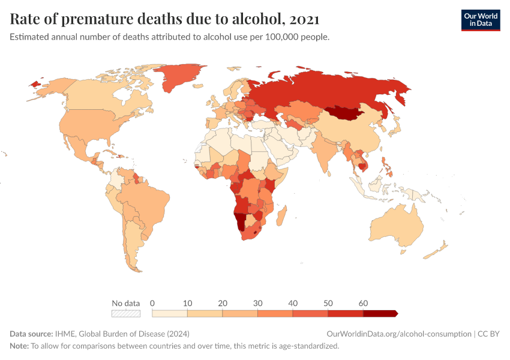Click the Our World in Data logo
(480, 20)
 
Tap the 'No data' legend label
(126, 303)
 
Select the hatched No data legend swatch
(126, 313)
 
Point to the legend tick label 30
(257, 303)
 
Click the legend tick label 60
(363, 303)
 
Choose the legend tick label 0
(152, 303)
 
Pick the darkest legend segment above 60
(380, 313)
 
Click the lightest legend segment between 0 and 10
(170, 313)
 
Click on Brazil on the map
(147, 201)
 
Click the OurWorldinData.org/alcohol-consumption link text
(398, 334)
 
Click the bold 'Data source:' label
(32, 334)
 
